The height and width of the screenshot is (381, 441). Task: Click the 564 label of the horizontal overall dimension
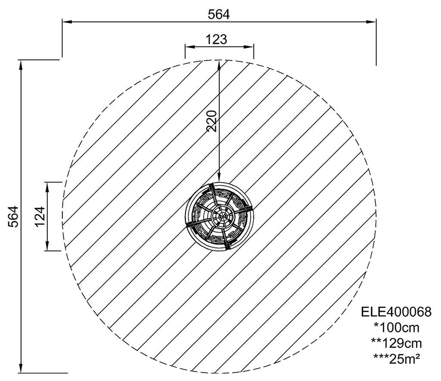click(219, 15)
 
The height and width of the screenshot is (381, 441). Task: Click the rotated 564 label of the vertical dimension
click(13, 216)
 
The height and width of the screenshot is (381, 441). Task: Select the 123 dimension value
click(216, 40)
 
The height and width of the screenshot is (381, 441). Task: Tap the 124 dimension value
click(40, 216)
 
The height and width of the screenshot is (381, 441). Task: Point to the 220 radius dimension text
click(212, 121)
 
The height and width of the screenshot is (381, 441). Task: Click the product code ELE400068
click(396, 312)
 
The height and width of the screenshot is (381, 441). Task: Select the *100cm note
click(396, 327)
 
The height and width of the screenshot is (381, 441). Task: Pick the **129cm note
click(396, 343)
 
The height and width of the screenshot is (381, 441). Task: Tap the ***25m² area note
click(397, 358)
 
